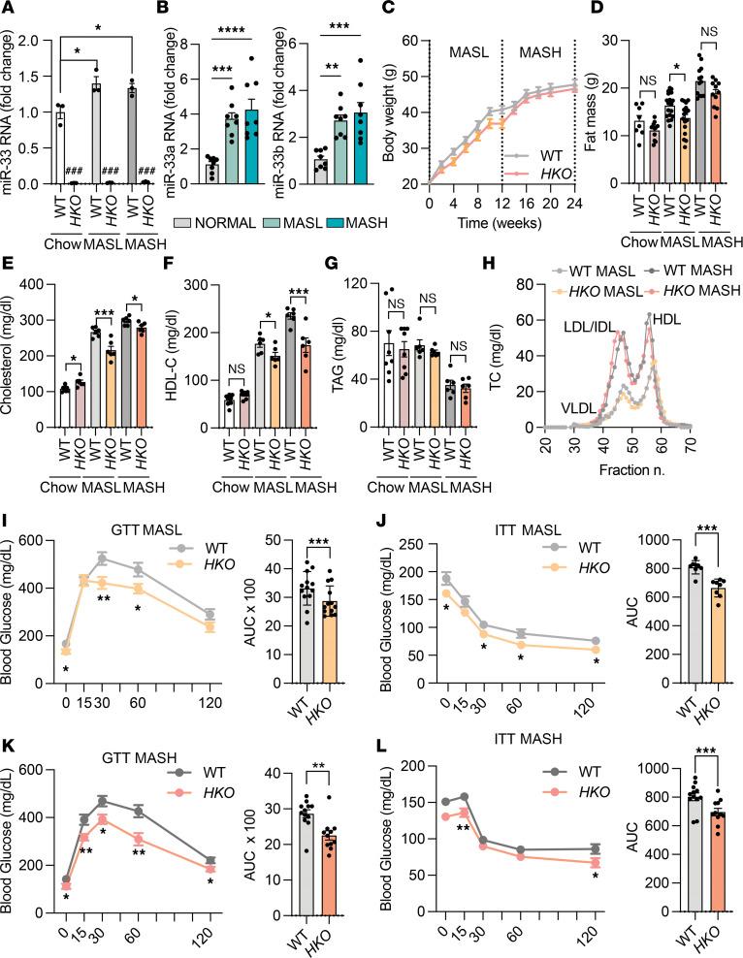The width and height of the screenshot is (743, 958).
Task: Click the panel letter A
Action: click(x=11, y=10)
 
